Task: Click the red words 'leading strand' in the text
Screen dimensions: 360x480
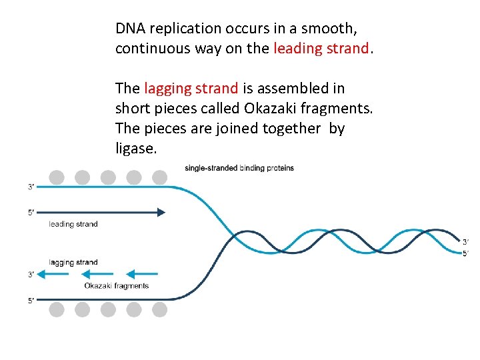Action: point(321,49)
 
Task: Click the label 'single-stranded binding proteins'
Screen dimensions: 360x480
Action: point(239,168)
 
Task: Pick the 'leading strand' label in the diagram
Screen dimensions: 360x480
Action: point(73,224)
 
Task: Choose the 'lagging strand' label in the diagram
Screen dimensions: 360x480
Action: point(73,263)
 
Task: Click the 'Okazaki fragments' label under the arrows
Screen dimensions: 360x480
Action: point(116,286)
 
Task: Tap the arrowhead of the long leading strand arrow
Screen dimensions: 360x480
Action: point(161,212)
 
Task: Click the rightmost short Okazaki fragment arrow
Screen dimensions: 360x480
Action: point(142,274)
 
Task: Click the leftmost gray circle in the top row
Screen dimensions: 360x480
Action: point(57,177)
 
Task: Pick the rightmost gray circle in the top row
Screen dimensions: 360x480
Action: point(160,177)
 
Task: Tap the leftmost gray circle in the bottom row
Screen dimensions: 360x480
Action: point(57,309)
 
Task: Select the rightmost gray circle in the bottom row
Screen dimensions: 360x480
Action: point(160,309)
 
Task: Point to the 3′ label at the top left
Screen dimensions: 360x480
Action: point(31,187)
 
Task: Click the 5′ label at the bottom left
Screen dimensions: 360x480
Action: point(31,301)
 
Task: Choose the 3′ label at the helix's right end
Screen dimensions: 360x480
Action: point(465,241)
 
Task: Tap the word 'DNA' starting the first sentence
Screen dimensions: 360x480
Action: point(131,29)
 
